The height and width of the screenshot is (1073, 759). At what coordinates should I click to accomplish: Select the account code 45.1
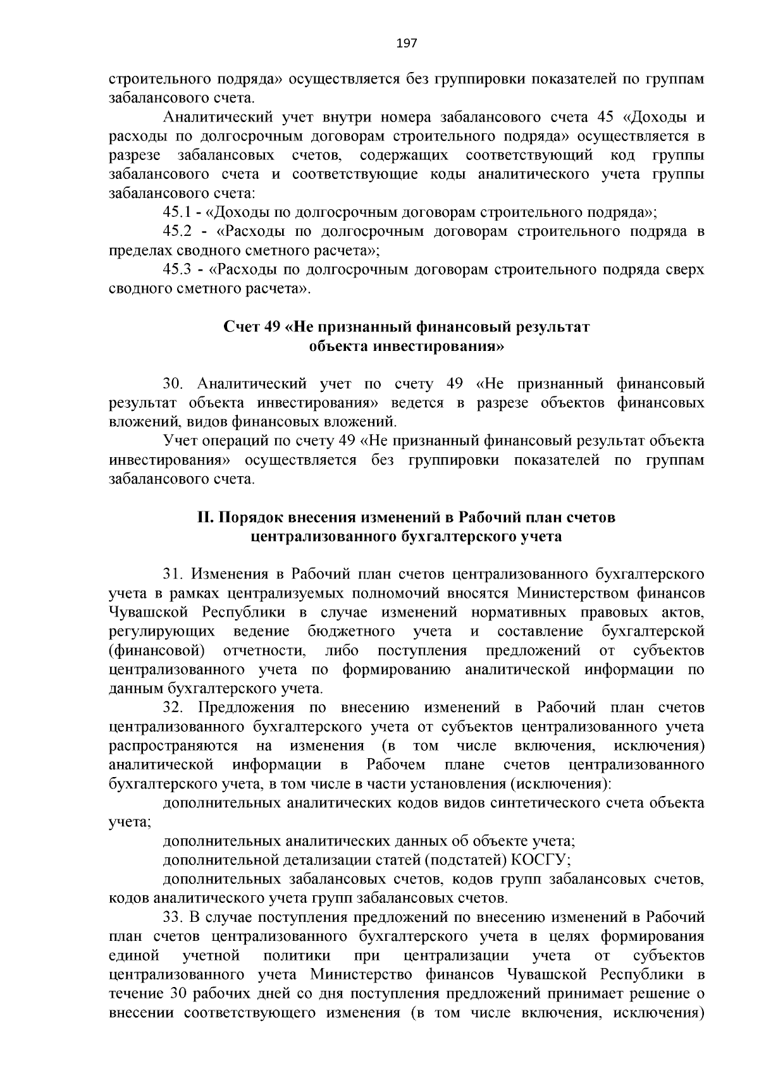(x=177, y=212)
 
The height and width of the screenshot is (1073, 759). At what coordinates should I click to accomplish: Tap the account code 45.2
(x=177, y=231)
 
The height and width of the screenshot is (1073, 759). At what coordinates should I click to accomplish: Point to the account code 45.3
(x=177, y=270)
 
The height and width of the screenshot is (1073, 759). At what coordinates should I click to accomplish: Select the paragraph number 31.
(x=173, y=574)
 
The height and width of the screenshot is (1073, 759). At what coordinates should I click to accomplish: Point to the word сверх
(x=684, y=270)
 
